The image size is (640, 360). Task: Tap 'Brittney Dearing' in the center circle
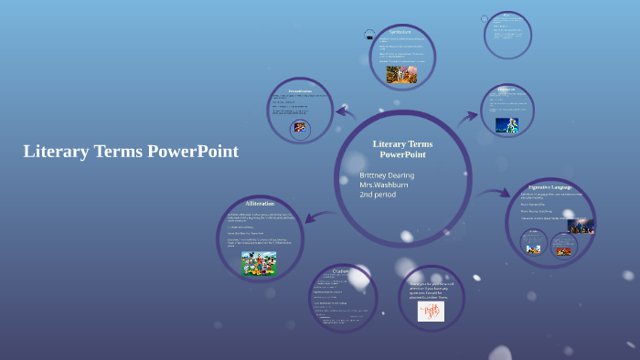387,175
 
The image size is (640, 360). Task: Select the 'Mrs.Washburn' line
384,185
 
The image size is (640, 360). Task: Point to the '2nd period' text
378,195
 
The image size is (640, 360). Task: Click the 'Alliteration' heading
260,204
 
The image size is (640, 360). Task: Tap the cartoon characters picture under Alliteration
259,262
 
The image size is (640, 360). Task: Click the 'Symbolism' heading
400,33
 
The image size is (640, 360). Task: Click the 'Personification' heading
300,90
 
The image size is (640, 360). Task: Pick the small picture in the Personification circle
299,129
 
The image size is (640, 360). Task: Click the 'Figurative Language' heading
550,187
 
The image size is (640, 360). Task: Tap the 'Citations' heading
342,271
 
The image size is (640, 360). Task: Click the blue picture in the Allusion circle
507,125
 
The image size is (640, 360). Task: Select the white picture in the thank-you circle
431,311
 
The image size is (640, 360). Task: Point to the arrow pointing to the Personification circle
346,112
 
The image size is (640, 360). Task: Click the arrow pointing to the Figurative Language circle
494,194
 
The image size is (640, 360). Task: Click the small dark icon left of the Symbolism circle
369,36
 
